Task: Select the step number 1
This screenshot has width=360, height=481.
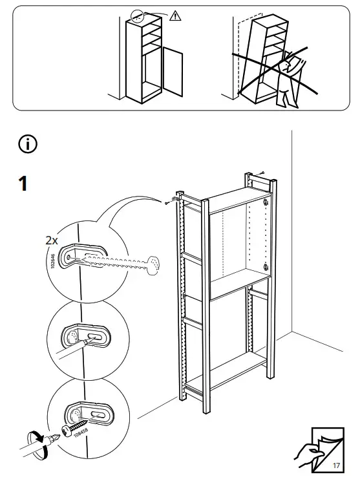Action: [23, 184]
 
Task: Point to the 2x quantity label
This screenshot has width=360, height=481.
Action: [52, 240]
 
